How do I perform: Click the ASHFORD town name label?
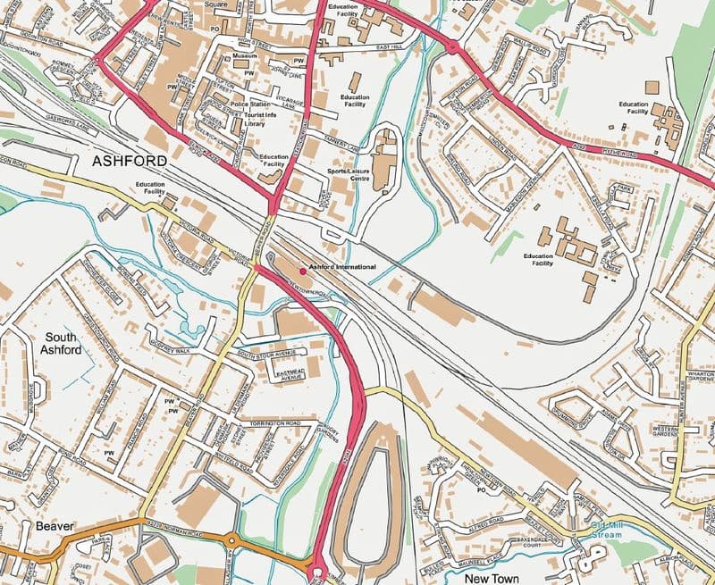pyautogui.click(x=129, y=161)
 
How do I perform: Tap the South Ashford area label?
pyautogui.click(x=63, y=344)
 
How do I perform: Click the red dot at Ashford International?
pyautogui.click(x=302, y=268)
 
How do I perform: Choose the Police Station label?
pyautogui.click(x=252, y=104)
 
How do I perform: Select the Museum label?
pyautogui.click(x=244, y=55)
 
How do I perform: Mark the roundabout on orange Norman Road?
pyautogui.click(x=233, y=540)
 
